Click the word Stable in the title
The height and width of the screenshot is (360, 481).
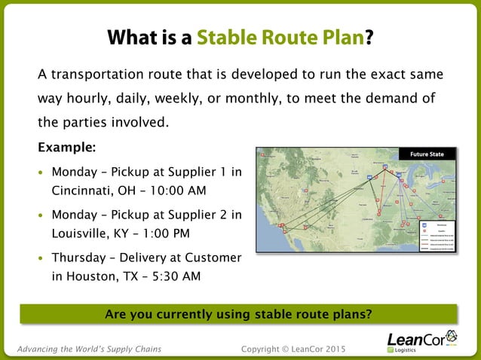tap(225, 38)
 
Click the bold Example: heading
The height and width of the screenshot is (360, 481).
tap(66, 146)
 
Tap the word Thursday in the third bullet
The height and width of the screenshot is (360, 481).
tap(79, 258)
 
